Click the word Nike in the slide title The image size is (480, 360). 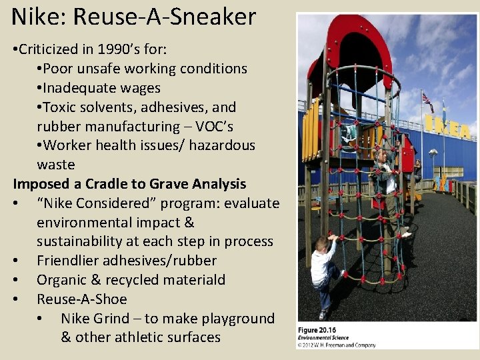click(32, 16)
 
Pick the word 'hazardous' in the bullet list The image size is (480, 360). click(220, 145)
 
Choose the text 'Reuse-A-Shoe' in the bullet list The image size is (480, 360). click(81, 299)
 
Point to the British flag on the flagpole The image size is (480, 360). click(427, 102)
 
